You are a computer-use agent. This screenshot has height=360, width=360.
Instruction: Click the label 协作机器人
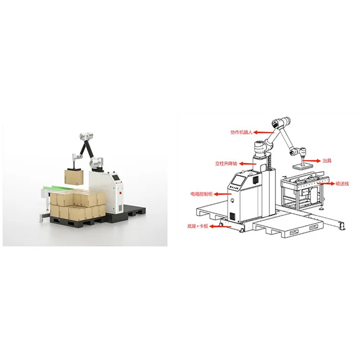pyautogui.click(x=241, y=130)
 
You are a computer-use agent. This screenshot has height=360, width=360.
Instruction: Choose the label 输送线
pyautogui.click(x=343, y=183)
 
